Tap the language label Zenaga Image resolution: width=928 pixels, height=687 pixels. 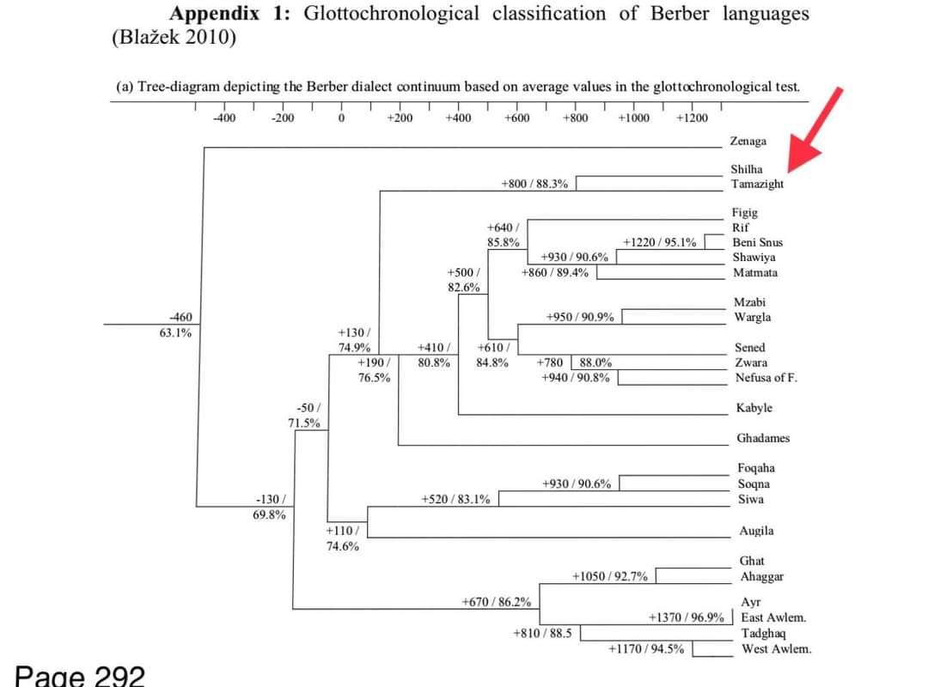748,141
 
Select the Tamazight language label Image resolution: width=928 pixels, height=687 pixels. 757,184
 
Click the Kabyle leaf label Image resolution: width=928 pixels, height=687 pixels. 754,408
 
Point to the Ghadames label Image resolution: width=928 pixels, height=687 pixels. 763,438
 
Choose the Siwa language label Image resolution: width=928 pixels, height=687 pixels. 751,499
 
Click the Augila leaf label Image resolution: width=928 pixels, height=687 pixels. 756,532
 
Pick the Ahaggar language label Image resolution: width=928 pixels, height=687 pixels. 762,577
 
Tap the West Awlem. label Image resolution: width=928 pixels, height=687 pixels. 776,649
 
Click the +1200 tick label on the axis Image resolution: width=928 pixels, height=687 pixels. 692,119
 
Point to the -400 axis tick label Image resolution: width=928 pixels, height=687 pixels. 223,119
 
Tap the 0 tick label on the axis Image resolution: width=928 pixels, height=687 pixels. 342,119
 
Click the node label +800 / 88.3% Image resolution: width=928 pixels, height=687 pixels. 534,184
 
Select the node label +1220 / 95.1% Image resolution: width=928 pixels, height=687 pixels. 659,242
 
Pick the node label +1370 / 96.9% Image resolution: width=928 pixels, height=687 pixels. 686,617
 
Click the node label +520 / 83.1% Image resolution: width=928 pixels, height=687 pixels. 456,499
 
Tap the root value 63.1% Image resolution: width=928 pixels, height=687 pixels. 175,333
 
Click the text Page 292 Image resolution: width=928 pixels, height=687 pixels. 79,675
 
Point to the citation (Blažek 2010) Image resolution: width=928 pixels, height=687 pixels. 174,38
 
